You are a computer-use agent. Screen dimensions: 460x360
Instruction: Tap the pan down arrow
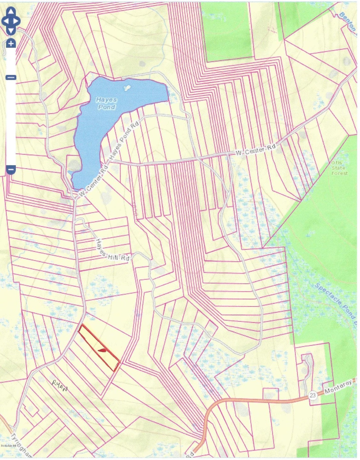pyautogui.click(x=11, y=31)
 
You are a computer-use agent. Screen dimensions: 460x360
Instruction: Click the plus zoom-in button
pyautogui.click(x=11, y=43)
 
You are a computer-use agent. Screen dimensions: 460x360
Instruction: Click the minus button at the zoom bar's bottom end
pyautogui.click(x=11, y=169)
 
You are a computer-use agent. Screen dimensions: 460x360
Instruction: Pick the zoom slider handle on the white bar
pyautogui.click(x=11, y=78)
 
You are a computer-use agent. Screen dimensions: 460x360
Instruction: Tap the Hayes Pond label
pyautogui.click(x=107, y=103)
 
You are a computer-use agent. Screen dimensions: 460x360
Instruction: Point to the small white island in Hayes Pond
pyautogui.click(x=127, y=87)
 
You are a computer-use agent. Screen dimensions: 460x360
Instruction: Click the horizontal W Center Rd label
pyautogui.click(x=255, y=149)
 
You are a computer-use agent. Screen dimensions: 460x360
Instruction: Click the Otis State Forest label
pyautogui.click(x=339, y=168)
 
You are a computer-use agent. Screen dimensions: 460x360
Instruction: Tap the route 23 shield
pyautogui.click(x=312, y=395)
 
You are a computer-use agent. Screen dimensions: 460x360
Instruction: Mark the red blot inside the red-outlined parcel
pyautogui.click(x=103, y=350)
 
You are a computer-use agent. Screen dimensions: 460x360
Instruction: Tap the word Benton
pyautogui.click(x=347, y=21)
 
